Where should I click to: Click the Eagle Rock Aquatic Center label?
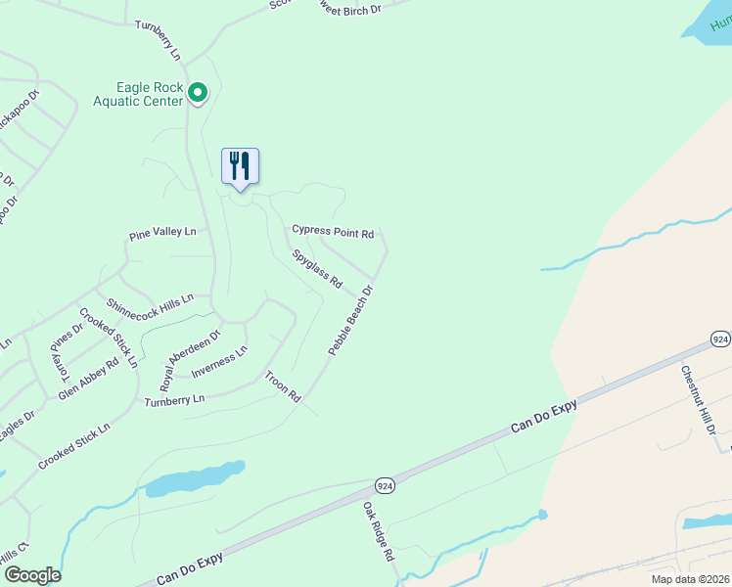point(138,93)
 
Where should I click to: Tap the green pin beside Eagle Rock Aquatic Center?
point(198,93)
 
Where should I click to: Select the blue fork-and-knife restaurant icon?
point(240,166)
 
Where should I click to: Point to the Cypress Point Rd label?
point(333,232)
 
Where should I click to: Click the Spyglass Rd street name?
point(317,268)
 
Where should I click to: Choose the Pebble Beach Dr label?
point(351,320)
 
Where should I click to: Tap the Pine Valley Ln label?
point(162,233)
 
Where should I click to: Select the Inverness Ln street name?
point(219,363)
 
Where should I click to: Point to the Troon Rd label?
point(282,386)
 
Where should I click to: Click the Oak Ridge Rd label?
point(378,532)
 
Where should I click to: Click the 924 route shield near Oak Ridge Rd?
point(386,485)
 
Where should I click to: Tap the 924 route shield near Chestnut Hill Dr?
point(720,339)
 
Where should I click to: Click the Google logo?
point(31,575)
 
